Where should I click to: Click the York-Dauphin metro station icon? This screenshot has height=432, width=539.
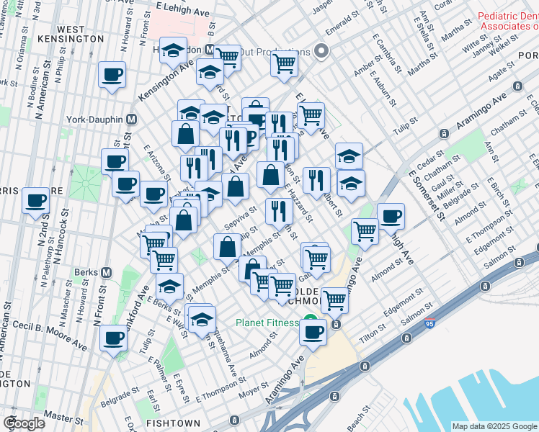132,120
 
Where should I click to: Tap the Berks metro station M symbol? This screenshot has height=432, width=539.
107,273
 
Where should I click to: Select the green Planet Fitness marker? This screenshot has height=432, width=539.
310,322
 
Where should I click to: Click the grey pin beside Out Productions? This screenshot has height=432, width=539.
321,51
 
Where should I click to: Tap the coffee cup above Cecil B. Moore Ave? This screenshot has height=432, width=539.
112,338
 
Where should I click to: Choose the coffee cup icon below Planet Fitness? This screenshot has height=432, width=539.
313,332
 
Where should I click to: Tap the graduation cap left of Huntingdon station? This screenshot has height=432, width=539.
173,50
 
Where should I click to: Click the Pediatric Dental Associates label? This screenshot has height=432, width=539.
508,21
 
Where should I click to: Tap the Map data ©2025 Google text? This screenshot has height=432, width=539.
494,426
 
